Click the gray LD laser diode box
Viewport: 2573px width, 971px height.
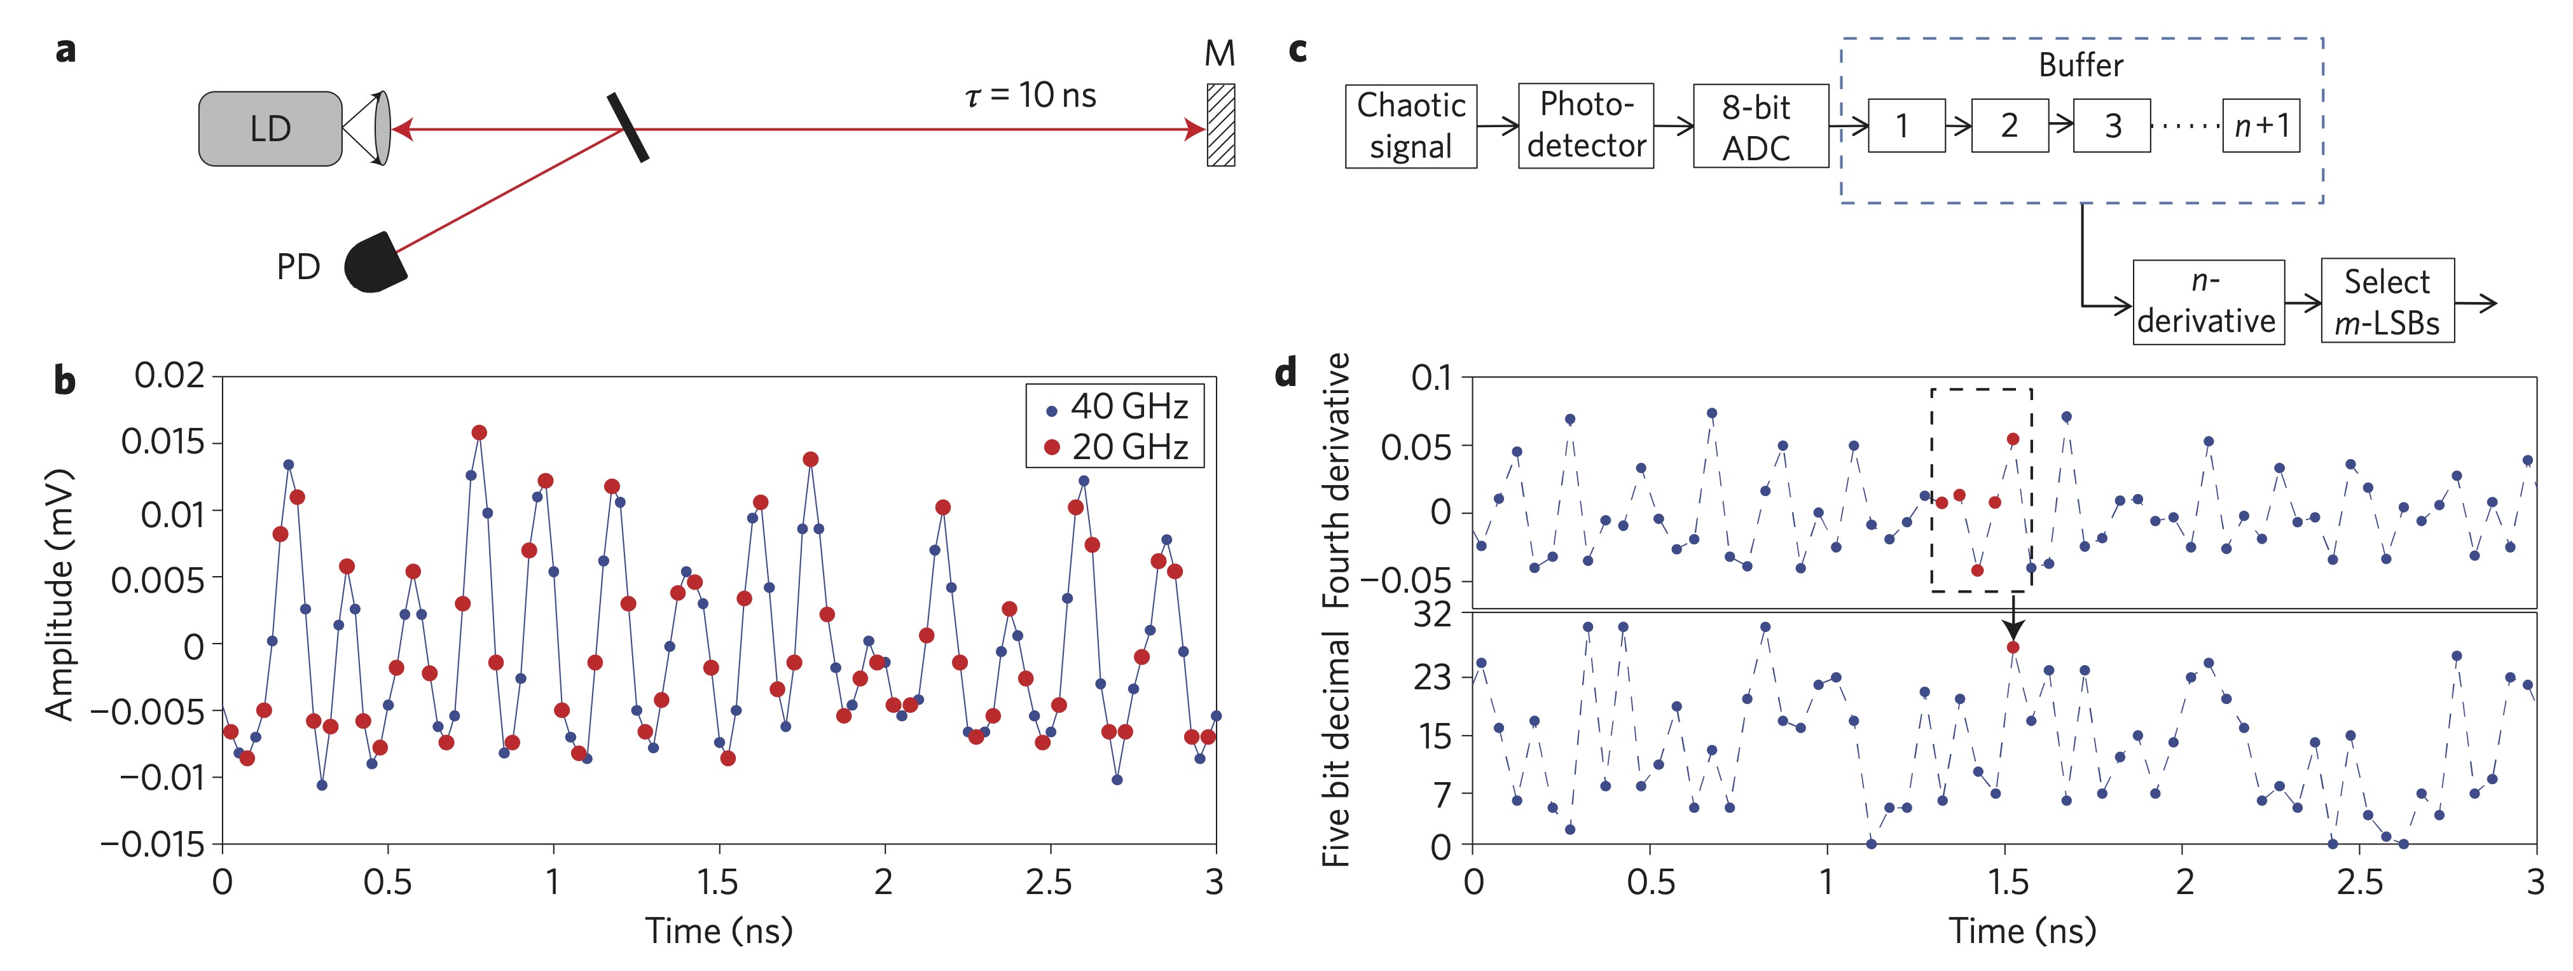pyautogui.click(x=270, y=129)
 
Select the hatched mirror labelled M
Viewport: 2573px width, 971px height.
pyautogui.click(x=1220, y=125)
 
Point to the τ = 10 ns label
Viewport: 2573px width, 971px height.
pyautogui.click(x=1031, y=96)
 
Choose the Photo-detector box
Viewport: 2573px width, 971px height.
pyautogui.click(x=1585, y=126)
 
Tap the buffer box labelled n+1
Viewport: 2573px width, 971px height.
pyautogui.click(x=2260, y=126)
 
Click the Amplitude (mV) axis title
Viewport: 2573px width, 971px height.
pyautogui.click(x=60, y=595)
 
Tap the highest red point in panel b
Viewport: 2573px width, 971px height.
pyautogui.click(x=479, y=432)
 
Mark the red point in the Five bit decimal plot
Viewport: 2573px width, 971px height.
pyautogui.click(x=2013, y=647)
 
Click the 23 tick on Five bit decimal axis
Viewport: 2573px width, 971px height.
pyautogui.click(x=1431, y=678)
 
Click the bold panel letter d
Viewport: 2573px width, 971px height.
pyautogui.click(x=1285, y=375)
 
